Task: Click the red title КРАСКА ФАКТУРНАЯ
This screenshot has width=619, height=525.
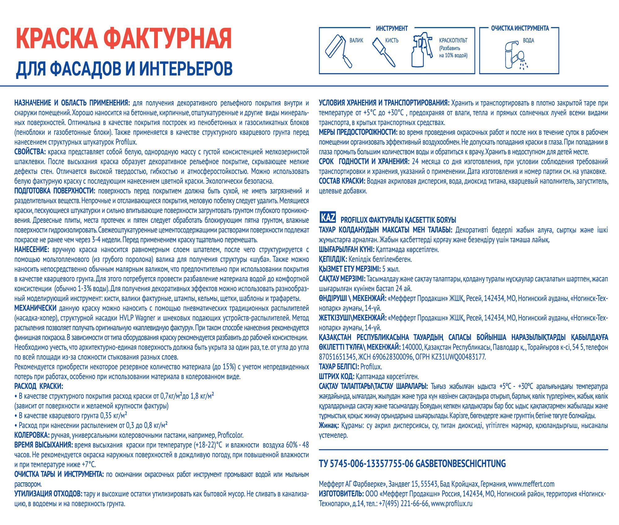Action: tap(124, 39)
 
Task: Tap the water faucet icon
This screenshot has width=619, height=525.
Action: tap(515, 54)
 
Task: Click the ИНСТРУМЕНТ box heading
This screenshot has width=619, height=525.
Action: tap(392, 28)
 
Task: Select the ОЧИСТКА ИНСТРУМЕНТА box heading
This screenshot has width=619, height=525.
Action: tap(520, 28)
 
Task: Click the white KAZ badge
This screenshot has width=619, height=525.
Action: tap(328, 218)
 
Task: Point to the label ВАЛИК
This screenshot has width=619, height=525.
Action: tap(356, 41)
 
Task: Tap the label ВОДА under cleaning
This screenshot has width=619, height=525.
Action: tap(528, 41)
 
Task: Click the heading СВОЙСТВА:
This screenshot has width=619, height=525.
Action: tap(30, 152)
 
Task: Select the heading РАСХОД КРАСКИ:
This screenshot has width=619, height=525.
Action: tap(39, 386)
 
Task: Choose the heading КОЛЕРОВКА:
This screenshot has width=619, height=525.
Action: tap(32, 435)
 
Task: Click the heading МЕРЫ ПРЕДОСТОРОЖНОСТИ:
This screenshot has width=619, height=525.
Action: tap(358, 132)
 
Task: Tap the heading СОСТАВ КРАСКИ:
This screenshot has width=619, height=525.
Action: tap(342, 181)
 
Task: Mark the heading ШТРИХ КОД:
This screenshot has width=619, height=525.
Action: tap(336, 377)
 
